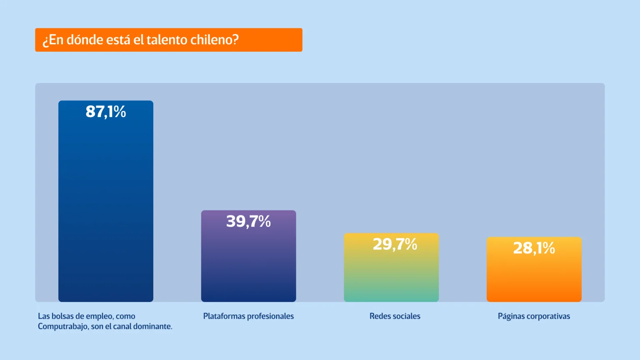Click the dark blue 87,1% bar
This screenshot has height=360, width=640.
[106, 208]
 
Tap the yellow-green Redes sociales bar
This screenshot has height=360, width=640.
[391, 275]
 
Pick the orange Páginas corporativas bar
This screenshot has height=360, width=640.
[534, 277]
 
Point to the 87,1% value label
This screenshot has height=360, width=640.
[106, 112]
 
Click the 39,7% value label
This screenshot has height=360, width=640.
[248, 221]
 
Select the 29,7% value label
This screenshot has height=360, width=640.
[395, 244]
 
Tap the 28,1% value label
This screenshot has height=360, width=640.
[534, 248]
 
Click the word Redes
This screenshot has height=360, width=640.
[380, 316]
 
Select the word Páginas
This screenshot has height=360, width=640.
[511, 317]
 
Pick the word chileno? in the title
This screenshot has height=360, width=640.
[215, 40]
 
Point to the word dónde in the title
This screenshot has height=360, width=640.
[85, 40]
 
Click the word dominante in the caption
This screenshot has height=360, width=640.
[153, 326]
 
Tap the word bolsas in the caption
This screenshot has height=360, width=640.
[62, 316]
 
